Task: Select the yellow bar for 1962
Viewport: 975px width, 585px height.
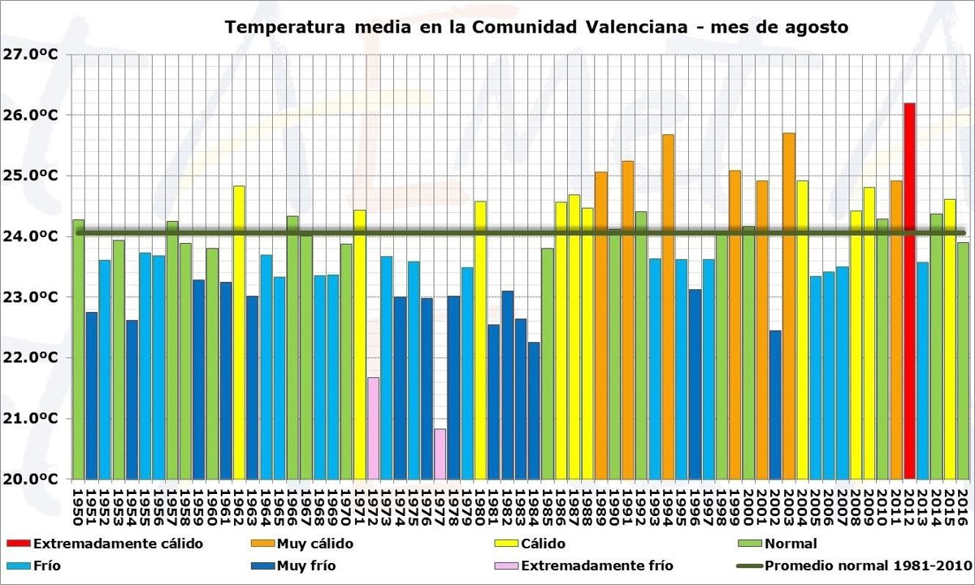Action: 239,332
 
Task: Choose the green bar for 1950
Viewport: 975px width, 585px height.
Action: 78,349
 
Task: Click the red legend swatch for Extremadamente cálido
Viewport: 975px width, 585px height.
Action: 18,544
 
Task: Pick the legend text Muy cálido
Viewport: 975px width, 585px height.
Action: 314,544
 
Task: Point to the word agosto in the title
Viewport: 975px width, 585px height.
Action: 814,28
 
